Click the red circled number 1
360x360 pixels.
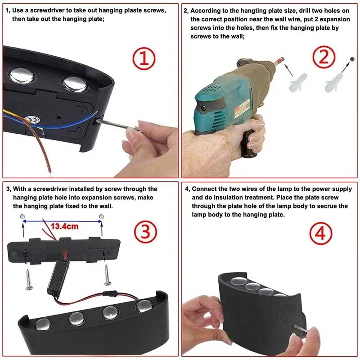click(144, 58)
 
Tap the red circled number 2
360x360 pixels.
click(324, 57)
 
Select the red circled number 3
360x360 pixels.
click(145, 231)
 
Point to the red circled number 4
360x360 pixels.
click(321, 234)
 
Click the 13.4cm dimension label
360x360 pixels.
click(64, 226)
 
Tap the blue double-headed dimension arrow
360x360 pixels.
click(62, 221)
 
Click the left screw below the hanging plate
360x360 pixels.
click(29, 279)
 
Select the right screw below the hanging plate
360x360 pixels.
click(107, 275)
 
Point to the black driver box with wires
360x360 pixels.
click(58, 278)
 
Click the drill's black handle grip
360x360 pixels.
click(249, 144)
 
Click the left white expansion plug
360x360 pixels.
click(297, 82)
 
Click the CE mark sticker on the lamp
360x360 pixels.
click(32, 119)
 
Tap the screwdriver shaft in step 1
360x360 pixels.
click(117, 125)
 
